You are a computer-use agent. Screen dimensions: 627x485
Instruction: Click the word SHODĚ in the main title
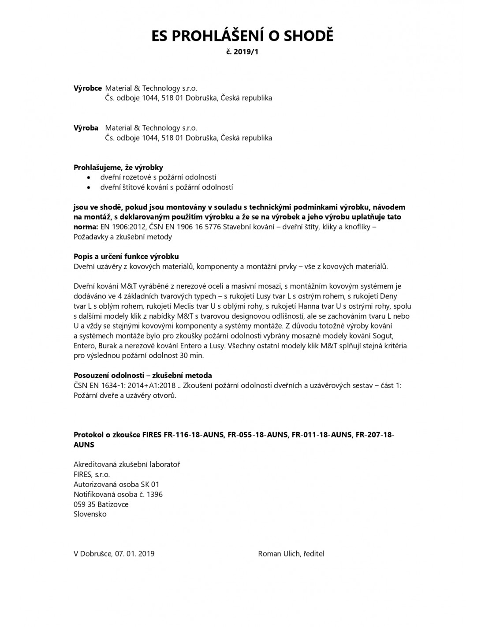coord(308,36)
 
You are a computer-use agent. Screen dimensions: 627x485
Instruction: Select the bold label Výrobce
coord(88,88)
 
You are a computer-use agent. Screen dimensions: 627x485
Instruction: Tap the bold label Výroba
coord(86,128)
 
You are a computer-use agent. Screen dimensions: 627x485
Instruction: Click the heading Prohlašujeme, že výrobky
coord(118,168)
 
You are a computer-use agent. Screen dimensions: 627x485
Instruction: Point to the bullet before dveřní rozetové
coord(90,178)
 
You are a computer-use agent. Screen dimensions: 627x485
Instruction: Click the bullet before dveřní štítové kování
coord(90,187)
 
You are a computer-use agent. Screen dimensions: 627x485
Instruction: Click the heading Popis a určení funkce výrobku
coord(126,257)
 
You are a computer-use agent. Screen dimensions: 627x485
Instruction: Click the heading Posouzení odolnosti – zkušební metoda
coord(143,376)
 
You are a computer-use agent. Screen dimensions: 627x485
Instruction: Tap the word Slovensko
coord(90,514)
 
